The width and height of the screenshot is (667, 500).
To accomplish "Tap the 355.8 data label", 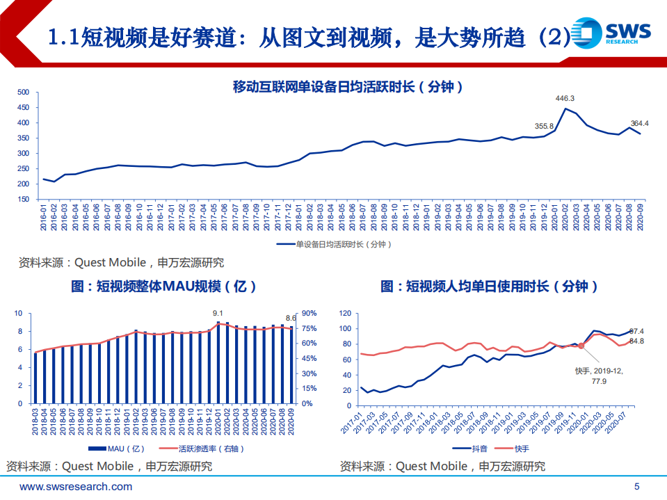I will (544, 126).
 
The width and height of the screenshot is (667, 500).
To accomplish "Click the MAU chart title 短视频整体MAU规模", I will (163, 287).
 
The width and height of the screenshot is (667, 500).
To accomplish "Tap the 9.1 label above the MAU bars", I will (218, 314).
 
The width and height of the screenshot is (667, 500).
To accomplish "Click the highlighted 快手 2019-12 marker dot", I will (581, 346).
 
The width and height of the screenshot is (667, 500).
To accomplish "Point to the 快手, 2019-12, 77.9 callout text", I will (600, 376).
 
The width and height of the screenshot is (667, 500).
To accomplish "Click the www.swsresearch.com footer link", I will (76, 487).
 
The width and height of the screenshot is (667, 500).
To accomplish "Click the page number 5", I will (637, 487).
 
